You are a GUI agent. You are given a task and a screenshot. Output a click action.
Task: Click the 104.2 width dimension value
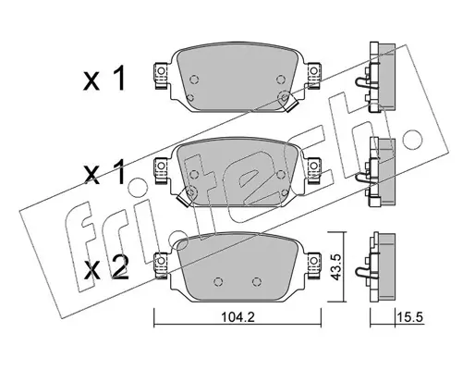tap(237, 317)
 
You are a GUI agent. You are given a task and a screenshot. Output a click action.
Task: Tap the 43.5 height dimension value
tap(335, 266)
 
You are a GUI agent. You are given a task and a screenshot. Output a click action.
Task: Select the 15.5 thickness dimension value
tap(410, 317)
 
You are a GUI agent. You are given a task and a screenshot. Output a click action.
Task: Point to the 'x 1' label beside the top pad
tap(104, 79)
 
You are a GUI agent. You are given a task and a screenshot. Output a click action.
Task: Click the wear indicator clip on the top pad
tap(288, 102)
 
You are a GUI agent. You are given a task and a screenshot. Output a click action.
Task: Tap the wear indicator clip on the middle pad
tap(186, 197)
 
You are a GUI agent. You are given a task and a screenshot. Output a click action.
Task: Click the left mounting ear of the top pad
tap(161, 75)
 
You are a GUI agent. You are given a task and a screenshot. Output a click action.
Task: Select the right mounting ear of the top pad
tap(313, 75)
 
